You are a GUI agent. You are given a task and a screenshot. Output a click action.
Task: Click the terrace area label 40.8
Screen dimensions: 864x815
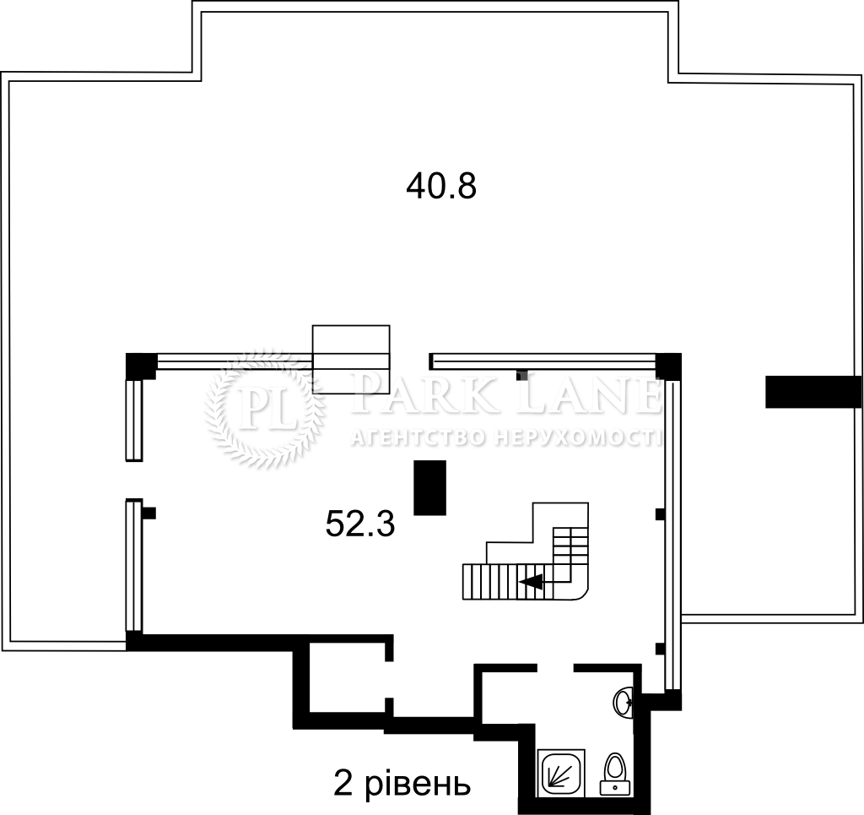click(x=440, y=186)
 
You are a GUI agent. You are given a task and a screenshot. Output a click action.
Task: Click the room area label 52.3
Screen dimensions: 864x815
click(x=360, y=524)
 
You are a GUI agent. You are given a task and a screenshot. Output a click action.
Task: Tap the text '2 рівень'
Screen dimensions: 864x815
click(x=402, y=784)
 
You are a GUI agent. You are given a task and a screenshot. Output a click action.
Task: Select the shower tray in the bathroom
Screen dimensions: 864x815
click(x=561, y=771)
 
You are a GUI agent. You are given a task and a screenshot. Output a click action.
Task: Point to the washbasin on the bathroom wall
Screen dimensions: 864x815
click(x=624, y=702)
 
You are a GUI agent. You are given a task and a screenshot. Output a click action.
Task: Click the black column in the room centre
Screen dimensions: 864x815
click(x=429, y=487)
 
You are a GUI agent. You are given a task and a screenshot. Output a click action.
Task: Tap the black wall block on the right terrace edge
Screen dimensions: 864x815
click(x=813, y=392)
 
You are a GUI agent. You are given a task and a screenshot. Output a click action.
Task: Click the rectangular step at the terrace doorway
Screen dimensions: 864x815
click(x=351, y=359)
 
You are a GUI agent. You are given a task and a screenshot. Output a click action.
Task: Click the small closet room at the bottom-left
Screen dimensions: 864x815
click(x=347, y=677)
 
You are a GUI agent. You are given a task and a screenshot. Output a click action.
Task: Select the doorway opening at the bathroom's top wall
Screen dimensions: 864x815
click(x=555, y=668)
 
